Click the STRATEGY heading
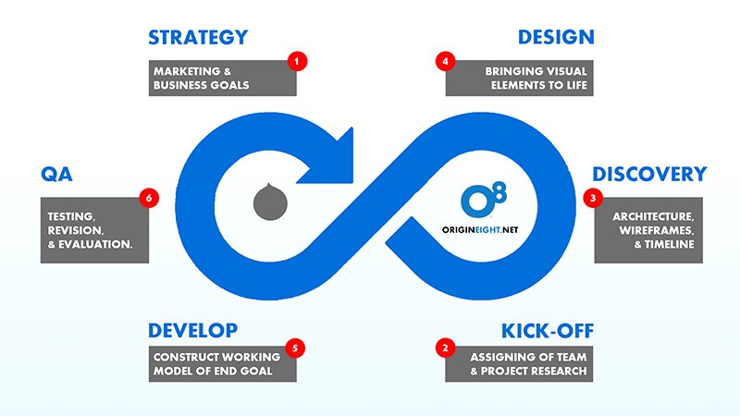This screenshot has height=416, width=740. [197, 38]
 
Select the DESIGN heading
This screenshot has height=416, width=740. [555, 38]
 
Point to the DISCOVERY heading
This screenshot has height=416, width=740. [649, 174]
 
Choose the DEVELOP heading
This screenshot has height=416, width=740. [192, 330]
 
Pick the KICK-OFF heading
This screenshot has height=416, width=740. [547, 330]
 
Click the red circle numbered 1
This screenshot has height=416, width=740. [297, 61]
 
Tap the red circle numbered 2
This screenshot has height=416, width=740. [445, 349]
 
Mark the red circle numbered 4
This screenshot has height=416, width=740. [445, 61]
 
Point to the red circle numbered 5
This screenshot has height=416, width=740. [297, 349]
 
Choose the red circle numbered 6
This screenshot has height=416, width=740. [145, 197]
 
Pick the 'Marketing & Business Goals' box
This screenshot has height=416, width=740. [222, 79]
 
